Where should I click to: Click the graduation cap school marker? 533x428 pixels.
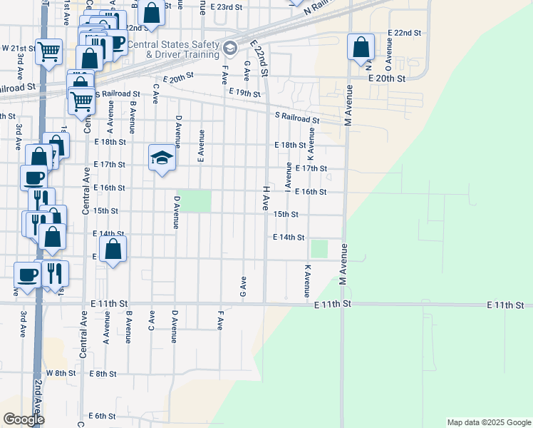click(x=162, y=158)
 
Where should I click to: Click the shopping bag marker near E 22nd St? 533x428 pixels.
click(x=361, y=48)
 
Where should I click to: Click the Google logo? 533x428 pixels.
click(x=23, y=419)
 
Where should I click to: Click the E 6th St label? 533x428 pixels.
click(x=103, y=416)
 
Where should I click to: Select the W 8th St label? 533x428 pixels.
click(x=61, y=373)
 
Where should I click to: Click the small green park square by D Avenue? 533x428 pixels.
click(x=200, y=201)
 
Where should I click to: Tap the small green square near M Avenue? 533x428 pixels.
click(x=319, y=249)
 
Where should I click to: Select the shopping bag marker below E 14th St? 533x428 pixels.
click(x=113, y=250)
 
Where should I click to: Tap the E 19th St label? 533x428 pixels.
click(x=246, y=93)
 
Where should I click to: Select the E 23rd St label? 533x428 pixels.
click(x=227, y=6)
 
